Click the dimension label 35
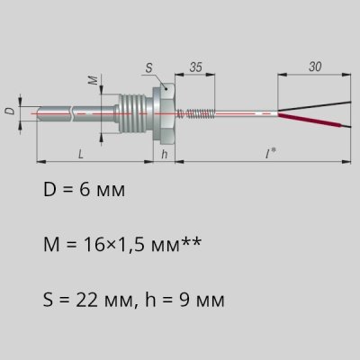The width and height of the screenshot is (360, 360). click(x=195, y=67)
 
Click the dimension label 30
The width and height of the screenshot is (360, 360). click(x=315, y=67)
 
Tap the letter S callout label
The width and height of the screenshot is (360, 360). click(x=148, y=68)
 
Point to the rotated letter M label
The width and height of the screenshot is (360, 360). click(x=94, y=80)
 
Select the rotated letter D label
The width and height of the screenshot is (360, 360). click(x=10, y=111)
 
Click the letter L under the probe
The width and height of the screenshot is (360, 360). click(x=81, y=154)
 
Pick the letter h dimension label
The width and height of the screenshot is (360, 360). click(x=164, y=154)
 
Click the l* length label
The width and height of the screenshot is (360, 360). click(x=271, y=154)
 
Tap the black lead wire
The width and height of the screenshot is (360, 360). click(x=314, y=106)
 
